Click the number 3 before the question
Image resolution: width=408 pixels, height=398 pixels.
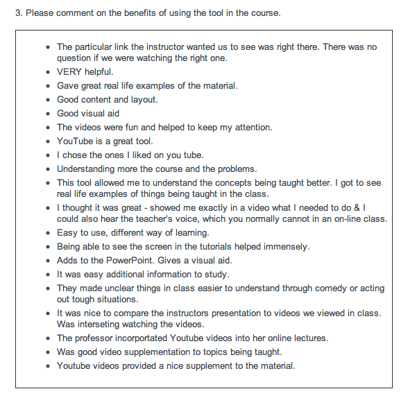(x=18, y=13)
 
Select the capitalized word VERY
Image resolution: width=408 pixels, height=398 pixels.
(x=71, y=72)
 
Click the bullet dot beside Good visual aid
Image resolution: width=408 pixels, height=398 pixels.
(x=46, y=114)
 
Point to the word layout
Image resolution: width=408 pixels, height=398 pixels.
(x=142, y=100)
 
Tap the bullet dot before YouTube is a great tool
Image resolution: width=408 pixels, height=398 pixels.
(x=46, y=141)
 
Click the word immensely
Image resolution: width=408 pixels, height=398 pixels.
(x=281, y=247)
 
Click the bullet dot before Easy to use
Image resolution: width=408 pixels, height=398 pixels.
(x=46, y=233)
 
